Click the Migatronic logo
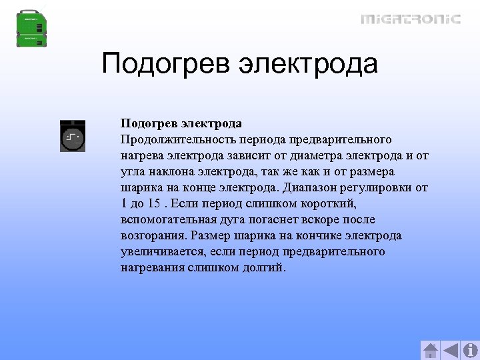[x=411, y=19]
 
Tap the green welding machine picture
[x=33, y=28]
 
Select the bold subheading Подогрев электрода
[x=181, y=123]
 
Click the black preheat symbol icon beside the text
[x=73, y=137]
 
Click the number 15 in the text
[x=154, y=203]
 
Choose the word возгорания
[x=153, y=235]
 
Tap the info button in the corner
[x=471, y=350]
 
